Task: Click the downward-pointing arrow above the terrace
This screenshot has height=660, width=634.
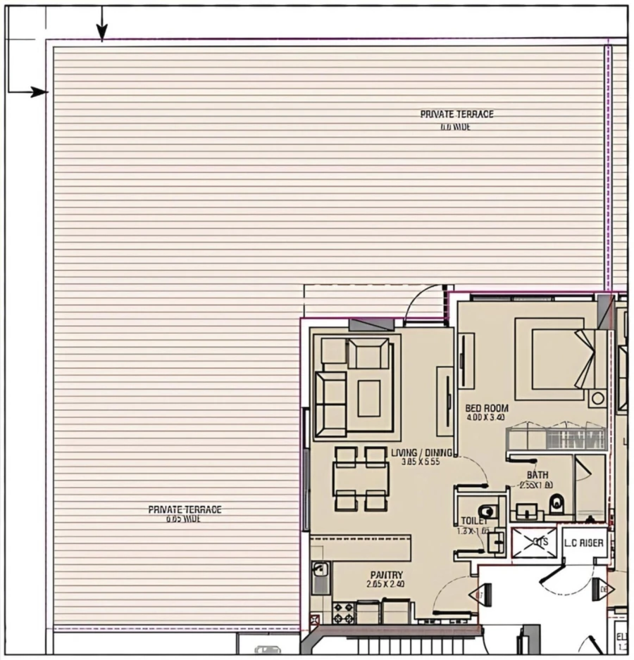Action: pos(102,31)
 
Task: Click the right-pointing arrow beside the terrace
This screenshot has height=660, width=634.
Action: pos(39,91)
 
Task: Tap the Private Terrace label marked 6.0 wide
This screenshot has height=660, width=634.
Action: pos(456,114)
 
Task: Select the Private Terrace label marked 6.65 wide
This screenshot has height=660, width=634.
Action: pos(185,509)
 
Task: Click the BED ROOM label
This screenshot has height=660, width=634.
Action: pos(487,408)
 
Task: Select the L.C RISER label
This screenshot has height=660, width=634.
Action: pos(583,542)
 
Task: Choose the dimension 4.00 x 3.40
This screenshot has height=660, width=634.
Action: pos(486,417)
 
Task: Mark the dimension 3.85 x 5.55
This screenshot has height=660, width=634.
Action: pos(421,462)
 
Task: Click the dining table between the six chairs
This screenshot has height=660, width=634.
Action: pos(361,478)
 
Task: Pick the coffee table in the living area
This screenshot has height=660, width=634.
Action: pos(368,399)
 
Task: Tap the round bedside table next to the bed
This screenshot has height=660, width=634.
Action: pos(597,398)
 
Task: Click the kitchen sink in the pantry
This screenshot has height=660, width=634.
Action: pos(320,578)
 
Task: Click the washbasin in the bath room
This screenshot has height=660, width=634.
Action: pos(525,508)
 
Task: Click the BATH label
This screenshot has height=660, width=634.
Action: pos(537,475)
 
